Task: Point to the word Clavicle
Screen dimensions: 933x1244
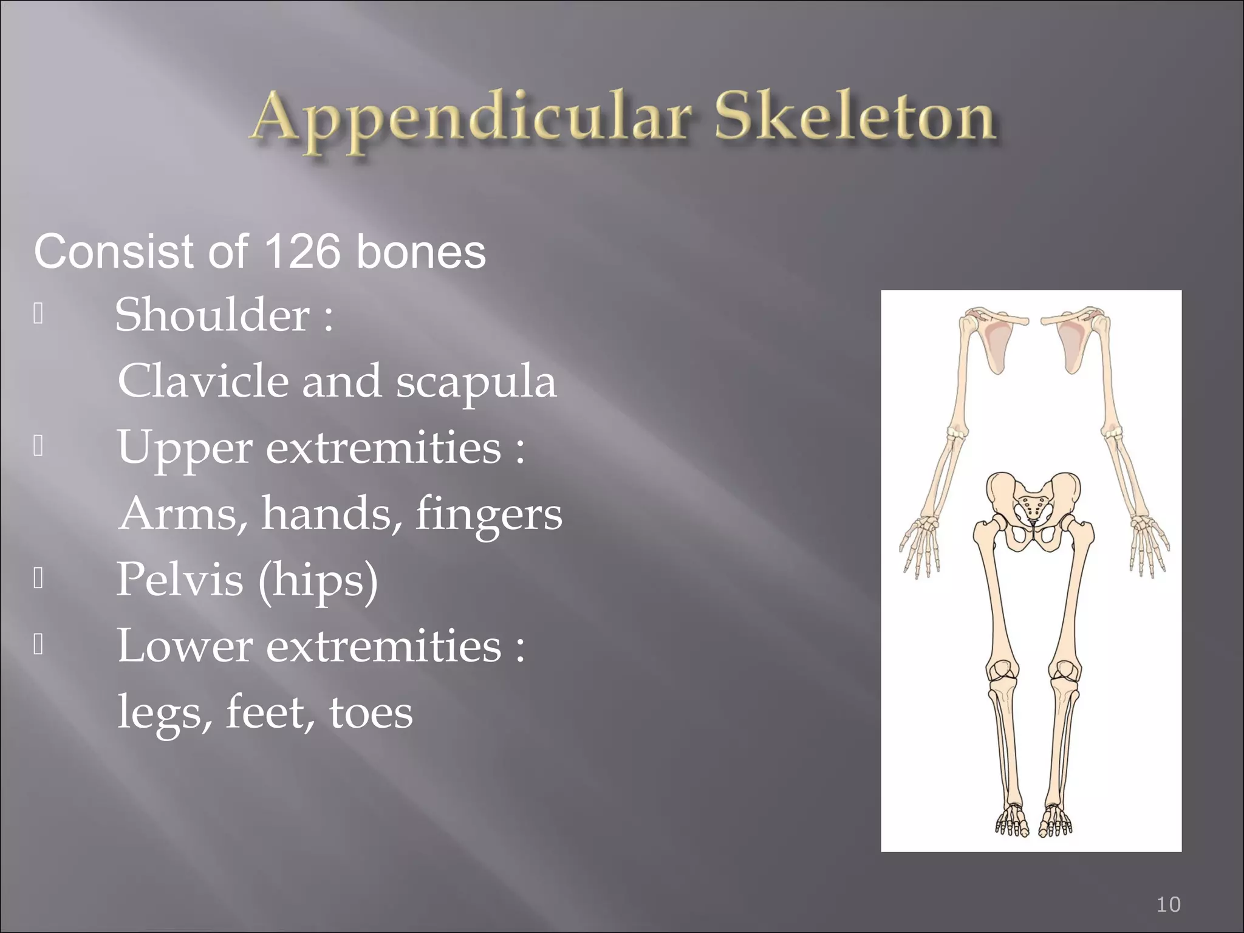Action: point(203,381)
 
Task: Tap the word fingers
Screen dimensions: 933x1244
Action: point(489,513)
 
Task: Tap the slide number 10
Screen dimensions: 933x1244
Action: point(1168,904)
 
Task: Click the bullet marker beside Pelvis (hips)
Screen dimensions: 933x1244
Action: point(38,579)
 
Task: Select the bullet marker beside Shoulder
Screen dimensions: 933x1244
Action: point(38,314)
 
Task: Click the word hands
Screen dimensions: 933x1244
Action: point(332,513)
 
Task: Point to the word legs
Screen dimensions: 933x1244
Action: point(164,713)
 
